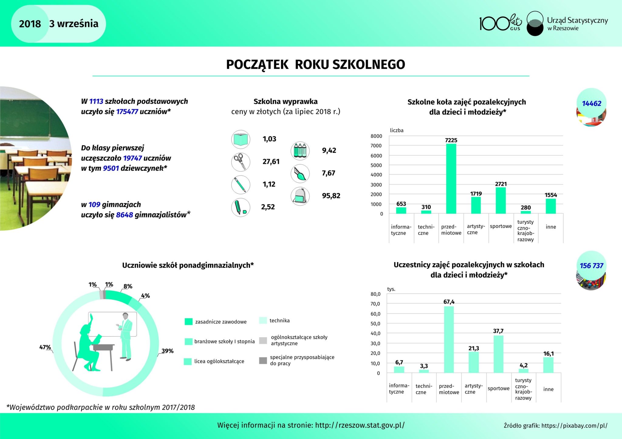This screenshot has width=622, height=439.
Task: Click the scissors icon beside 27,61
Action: (241, 162)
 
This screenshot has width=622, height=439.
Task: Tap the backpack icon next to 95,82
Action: (300, 196)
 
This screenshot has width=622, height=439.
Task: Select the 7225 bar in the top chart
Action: (451, 179)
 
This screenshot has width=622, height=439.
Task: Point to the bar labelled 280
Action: (526, 212)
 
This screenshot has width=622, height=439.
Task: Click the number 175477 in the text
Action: (127, 112)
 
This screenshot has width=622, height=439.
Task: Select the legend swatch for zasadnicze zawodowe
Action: (189, 322)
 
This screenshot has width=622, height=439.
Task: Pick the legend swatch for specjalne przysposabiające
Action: (263, 360)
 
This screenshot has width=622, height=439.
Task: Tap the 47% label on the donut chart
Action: (45, 347)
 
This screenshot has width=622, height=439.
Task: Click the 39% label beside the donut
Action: (167, 351)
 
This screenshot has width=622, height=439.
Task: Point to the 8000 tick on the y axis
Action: (376, 136)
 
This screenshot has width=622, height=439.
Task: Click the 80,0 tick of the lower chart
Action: (375, 294)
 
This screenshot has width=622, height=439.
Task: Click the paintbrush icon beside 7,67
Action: (300, 174)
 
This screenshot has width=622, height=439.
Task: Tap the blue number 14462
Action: (591, 103)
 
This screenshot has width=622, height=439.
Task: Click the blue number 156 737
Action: (591, 266)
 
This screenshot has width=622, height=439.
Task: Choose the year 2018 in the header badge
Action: (30, 24)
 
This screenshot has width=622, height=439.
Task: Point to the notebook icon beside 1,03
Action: (241, 140)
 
